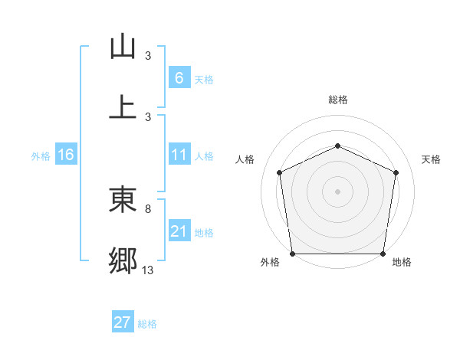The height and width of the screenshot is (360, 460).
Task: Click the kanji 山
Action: (123, 47)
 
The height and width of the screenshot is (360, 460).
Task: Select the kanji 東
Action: (123, 200)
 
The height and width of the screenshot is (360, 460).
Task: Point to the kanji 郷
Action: (123, 260)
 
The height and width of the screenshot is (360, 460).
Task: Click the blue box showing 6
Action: (179, 78)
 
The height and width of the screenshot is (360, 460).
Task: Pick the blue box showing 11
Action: (179, 155)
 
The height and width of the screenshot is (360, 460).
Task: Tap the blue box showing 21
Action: (179, 231)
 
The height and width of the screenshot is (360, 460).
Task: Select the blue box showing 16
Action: (65, 155)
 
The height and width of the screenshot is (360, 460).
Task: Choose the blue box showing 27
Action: (122, 322)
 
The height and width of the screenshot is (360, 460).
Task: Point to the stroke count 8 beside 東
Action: (148, 208)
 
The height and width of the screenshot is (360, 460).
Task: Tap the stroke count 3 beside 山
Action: (148, 55)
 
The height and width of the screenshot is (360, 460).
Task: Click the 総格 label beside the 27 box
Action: (147, 324)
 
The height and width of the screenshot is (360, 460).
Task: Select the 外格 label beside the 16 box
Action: (41, 156)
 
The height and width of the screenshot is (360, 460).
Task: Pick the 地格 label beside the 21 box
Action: (204, 233)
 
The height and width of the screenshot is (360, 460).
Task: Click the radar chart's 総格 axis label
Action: (337, 100)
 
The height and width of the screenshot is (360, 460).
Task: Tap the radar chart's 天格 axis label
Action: (432, 159)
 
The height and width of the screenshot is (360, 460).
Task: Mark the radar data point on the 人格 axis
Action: (279, 172)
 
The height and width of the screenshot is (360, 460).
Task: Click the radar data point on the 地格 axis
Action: (383, 254)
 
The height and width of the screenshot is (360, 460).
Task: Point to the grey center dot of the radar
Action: (337, 191)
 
